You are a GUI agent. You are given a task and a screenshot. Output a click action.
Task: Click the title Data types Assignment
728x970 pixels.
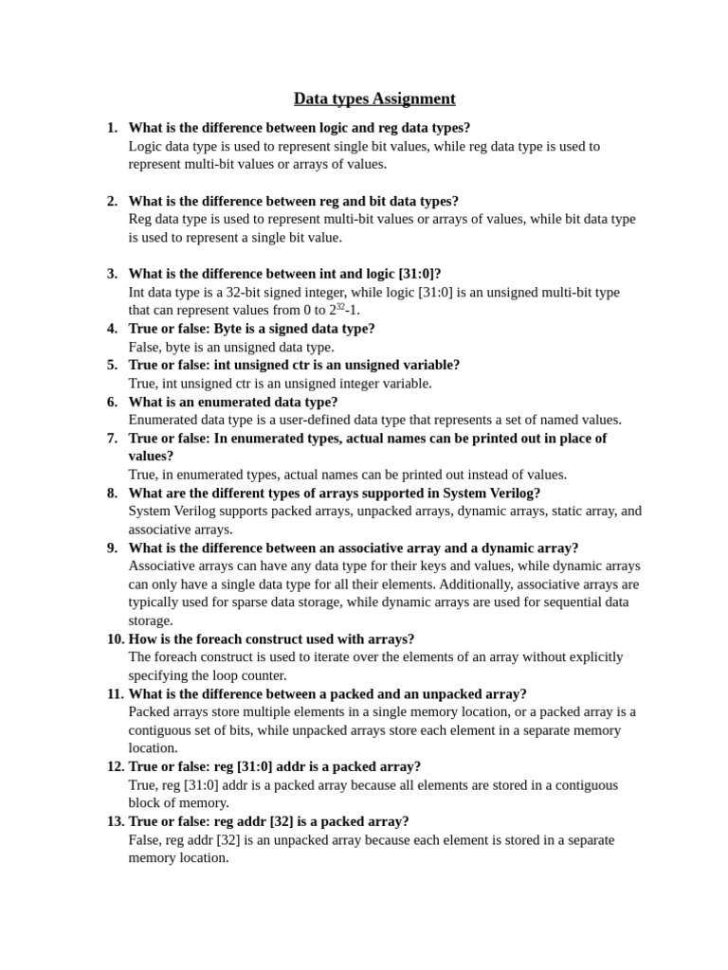(x=374, y=99)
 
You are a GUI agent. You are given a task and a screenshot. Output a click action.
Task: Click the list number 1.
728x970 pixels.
(x=112, y=128)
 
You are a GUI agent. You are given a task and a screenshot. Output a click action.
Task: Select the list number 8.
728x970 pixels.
(x=112, y=493)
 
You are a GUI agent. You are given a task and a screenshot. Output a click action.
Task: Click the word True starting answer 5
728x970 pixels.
(x=143, y=384)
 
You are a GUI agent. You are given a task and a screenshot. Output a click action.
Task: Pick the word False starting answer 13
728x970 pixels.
(x=145, y=839)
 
